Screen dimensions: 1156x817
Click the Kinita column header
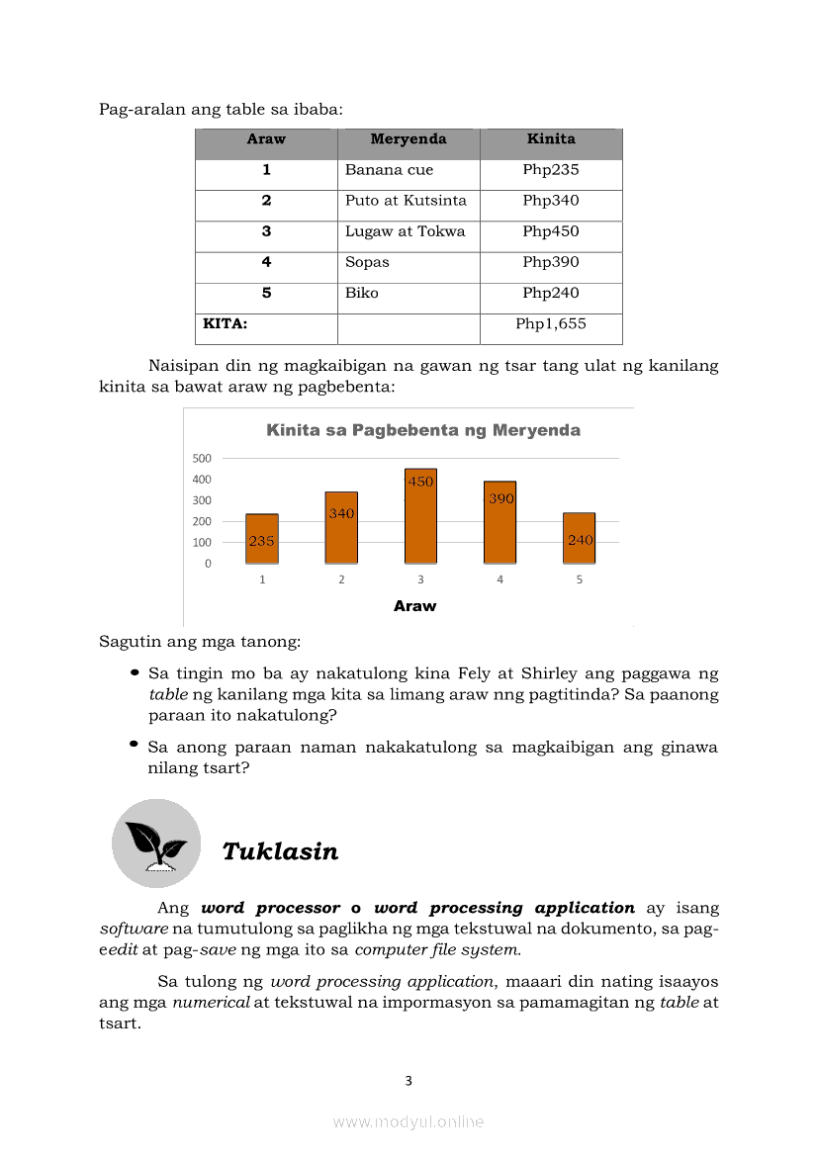(x=551, y=139)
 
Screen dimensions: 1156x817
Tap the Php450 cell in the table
(x=551, y=231)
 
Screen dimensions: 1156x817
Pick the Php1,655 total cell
(x=551, y=323)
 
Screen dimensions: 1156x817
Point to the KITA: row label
(x=225, y=323)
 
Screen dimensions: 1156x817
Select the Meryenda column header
(x=408, y=139)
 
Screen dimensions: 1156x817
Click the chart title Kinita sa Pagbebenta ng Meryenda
(x=423, y=430)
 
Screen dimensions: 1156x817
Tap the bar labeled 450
(x=420, y=516)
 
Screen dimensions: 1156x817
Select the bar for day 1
(x=262, y=539)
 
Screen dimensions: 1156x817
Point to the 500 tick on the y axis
(x=202, y=458)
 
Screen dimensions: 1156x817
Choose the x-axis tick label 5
(x=580, y=579)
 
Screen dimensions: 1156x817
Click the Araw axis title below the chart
(x=414, y=606)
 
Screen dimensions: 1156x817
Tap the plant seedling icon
(x=155, y=844)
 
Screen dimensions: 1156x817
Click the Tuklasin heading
(x=280, y=851)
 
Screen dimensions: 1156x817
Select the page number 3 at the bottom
(x=408, y=1081)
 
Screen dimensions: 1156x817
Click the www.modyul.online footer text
(x=408, y=1121)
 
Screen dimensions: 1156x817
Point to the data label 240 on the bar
(x=581, y=540)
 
